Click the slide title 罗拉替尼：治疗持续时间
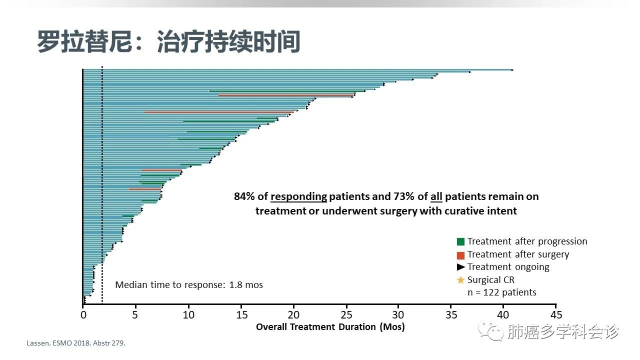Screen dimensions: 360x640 pos(168,42)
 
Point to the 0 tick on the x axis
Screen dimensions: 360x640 pos(83,315)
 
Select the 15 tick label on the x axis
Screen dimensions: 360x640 pos(241,315)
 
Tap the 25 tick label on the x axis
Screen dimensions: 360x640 pos(346,315)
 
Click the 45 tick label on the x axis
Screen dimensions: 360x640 pos(556,315)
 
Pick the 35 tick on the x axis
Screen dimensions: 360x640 pos(451,315)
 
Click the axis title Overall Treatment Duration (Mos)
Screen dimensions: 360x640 pos(330,327)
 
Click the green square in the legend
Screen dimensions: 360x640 pos(461,241)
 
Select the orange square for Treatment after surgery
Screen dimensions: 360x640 pos(461,254)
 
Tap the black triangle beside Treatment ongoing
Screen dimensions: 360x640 pos(461,267)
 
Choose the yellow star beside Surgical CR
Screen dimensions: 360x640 pos(461,280)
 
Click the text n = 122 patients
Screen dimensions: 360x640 pos(502,292)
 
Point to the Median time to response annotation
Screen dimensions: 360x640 pos(189,285)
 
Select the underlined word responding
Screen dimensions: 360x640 pos(298,196)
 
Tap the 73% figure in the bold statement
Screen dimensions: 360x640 pos(398,196)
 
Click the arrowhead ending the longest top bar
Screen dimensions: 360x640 pos(512,70)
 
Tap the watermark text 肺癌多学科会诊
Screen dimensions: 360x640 pos(563,331)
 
